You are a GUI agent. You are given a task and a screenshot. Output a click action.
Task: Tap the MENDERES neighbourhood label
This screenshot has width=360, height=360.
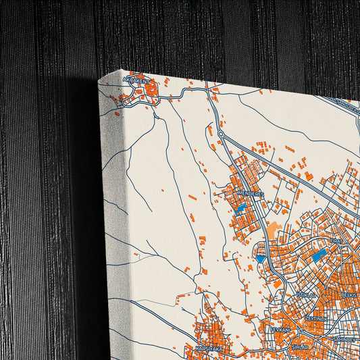pyautogui.click(x=251, y=193)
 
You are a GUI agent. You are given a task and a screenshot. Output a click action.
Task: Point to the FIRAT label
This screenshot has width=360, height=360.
pyautogui.click(x=336, y=240)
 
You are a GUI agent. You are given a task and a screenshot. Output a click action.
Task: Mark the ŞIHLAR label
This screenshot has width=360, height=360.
pyautogui.click(x=299, y=346)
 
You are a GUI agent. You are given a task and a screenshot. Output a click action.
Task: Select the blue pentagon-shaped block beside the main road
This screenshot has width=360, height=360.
pyautogui.click(x=261, y=257)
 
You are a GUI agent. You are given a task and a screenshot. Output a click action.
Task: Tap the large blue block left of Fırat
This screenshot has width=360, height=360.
pyautogui.click(x=318, y=256)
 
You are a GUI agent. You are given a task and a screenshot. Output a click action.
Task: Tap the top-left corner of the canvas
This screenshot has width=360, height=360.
pyautogui.click(x=99, y=82)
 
